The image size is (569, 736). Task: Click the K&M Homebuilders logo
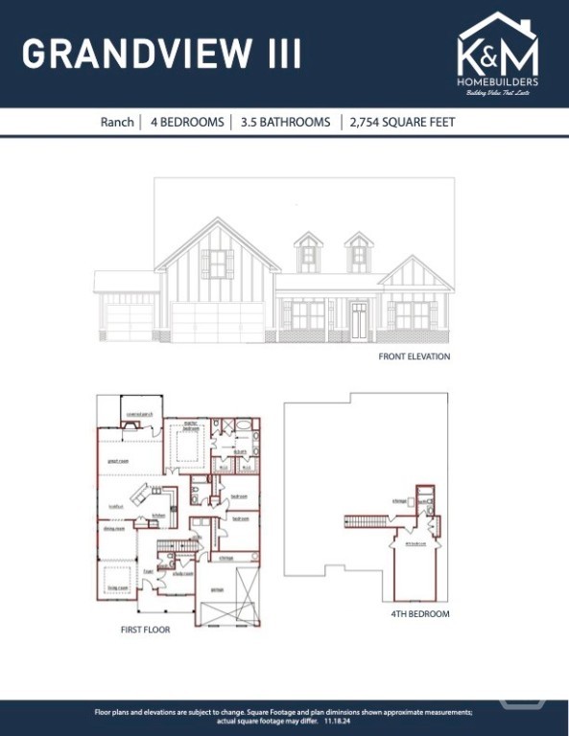coord(498,55)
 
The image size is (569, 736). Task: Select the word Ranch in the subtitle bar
coord(119,122)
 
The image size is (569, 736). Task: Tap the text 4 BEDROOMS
coord(187,122)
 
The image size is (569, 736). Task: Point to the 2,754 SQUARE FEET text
coord(402,122)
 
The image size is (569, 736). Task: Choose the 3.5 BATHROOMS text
coord(285,122)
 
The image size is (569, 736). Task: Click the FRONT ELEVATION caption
coord(414,356)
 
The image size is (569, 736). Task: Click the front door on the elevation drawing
coord(359,319)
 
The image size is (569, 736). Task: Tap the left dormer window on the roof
coord(308,254)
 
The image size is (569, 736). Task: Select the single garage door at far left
coord(129,323)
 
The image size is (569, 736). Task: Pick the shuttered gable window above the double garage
coord(217,264)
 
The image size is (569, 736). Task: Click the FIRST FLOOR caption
coord(145,631)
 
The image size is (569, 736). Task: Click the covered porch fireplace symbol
coord(133,424)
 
